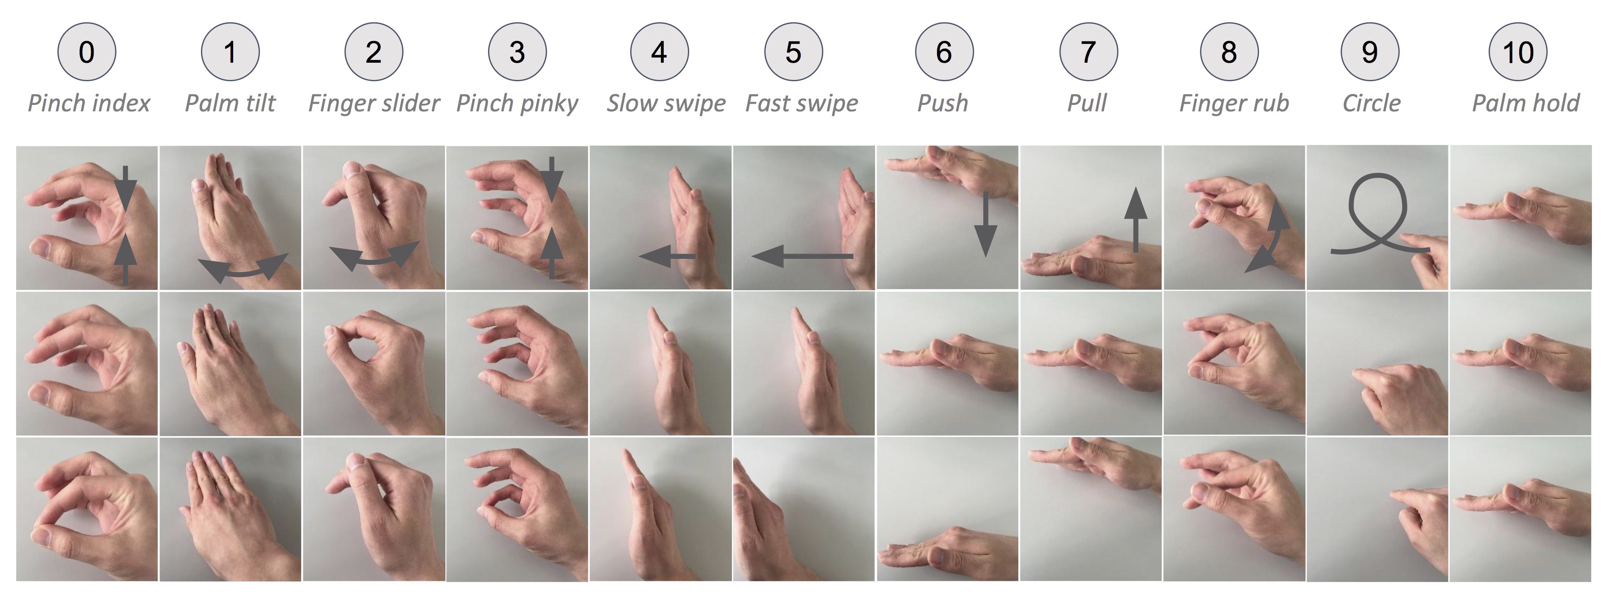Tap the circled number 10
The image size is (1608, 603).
pyautogui.click(x=1518, y=52)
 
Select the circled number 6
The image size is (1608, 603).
pyautogui.click(x=944, y=52)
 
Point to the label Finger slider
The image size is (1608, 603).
pyautogui.click(x=374, y=103)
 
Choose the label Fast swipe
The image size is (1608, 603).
pyautogui.click(x=802, y=103)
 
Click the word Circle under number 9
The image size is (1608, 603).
pyautogui.click(x=1371, y=103)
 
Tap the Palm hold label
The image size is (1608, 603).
pyautogui.click(x=1525, y=103)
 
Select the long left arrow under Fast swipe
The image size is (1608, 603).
pyautogui.click(x=802, y=256)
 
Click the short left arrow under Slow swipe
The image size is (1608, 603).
pyautogui.click(x=667, y=256)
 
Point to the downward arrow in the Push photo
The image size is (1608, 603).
pyautogui.click(x=986, y=225)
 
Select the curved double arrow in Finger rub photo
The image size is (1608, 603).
pyautogui.click(x=1270, y=240)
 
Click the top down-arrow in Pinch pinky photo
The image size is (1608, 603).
pyautogui.click(x=551, y=178)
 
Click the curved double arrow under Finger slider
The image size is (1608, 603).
pyautogui.click(x=374, y=256)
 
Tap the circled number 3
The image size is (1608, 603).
pyautogui.click(x=517, y=52)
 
